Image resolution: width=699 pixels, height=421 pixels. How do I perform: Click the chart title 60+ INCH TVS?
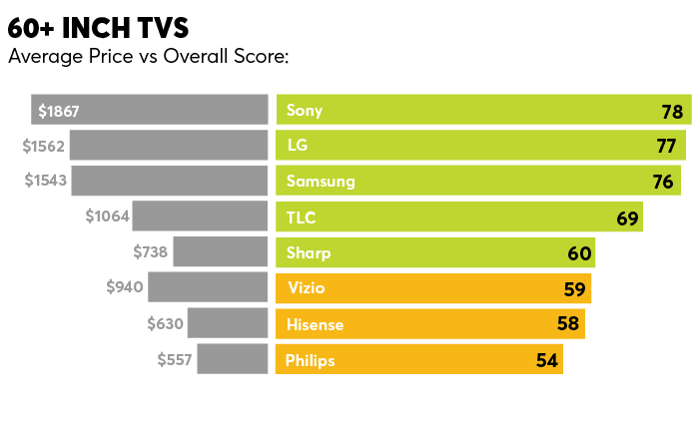pos(97,28)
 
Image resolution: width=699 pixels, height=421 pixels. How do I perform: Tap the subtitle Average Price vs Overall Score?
pos(148,56)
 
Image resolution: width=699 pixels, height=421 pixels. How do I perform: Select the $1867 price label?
pos(59,111)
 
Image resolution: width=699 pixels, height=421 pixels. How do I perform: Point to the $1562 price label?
pos(44,147)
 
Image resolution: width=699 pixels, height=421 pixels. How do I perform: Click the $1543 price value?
pos(44,182)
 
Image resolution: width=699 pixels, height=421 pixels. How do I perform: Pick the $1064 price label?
pos(108,216)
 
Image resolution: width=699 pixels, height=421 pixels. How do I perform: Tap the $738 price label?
pos(150,252)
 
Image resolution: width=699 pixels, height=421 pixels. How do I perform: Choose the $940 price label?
pos(125,288)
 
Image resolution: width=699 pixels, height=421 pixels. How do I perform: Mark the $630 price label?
pos(165,323)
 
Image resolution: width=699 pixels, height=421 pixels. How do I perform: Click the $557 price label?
pos(175,359)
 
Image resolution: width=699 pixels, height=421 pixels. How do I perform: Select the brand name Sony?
pos(305,111)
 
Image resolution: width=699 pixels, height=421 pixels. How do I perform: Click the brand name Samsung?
pos(321,182)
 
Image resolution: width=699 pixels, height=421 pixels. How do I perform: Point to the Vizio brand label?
pos(306,288)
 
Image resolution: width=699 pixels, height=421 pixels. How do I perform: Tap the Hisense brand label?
pos(314,324)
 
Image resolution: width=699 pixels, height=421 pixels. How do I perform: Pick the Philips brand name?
pos(310,359)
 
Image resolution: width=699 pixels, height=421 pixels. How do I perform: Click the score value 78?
pos(671,112)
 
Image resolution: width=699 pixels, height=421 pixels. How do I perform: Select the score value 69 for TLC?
pos(627,218)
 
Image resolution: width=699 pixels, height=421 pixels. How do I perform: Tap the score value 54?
pos(546,360)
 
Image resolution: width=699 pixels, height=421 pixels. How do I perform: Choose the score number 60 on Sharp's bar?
pos(579,253)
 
